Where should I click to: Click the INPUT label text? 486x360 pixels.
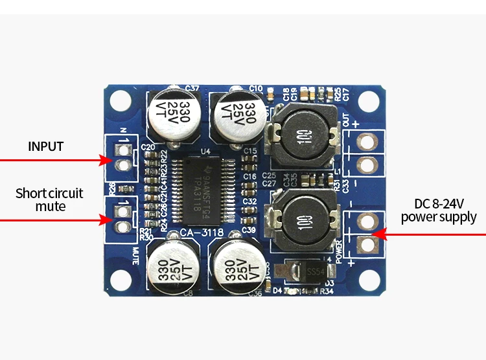point(45,146)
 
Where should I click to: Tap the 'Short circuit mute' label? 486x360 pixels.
point(49,199)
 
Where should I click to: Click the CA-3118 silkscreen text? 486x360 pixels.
point(202,232)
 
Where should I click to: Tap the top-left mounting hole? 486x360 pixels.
point(120,100)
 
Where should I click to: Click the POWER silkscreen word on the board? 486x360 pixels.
point(341,250)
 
